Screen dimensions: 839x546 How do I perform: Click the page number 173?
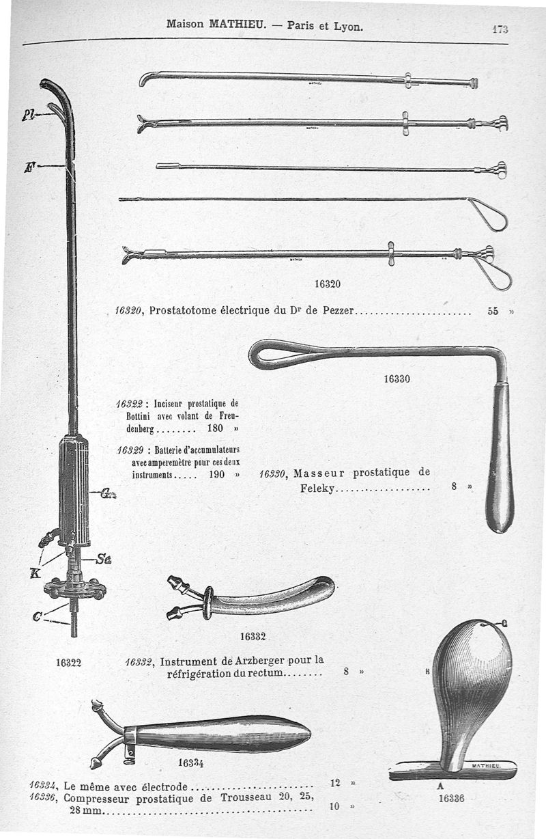point(501,29)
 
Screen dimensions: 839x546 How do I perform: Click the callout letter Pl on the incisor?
point(28,115)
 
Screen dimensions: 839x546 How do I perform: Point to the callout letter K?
point(33,573)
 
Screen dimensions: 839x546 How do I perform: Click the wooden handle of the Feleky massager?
point(500,458)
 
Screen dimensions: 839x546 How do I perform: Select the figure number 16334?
point(191,762)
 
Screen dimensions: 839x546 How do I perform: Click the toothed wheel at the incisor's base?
point(74,588)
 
